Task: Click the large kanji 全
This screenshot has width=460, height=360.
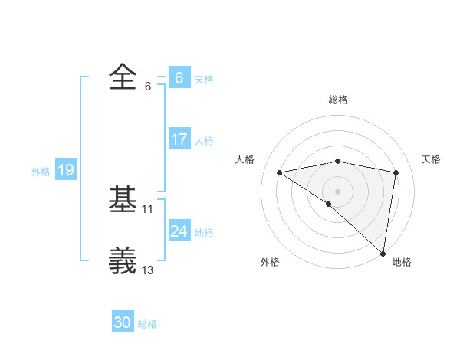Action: (x=123, y=77)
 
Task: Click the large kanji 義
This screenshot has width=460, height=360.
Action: (x=123, y=260)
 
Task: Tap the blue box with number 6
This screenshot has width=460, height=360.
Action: (x=179, y=77)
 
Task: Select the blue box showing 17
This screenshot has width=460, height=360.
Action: (x=179, y=139)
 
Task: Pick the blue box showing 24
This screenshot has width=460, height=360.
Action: (x=179, y=231)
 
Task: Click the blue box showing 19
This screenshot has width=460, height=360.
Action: (x=66, y=170)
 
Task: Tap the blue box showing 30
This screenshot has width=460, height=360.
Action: (x=123, y=322)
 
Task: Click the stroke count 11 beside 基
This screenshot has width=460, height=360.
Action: (x=148, y=208)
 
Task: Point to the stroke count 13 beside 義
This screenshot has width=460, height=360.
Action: (x=148, y=270)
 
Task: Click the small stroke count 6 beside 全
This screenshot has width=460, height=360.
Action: (x=148, y=86)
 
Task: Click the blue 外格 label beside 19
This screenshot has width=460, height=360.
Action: (x=41, y=172)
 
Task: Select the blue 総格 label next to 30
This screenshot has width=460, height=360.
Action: (x=147, y=324)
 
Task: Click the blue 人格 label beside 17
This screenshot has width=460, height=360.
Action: (x=204, y=141)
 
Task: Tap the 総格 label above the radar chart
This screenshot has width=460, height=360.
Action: (x=337, y=100)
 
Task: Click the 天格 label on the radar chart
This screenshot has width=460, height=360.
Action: (x=432, y=159)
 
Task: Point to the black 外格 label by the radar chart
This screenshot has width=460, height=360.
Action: (x=269, y=262)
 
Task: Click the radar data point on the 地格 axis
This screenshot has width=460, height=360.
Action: (x=383, y=254)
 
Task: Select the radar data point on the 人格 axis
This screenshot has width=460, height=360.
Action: (x=280, y=172)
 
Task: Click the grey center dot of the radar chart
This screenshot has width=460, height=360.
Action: (x=337, y=191)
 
